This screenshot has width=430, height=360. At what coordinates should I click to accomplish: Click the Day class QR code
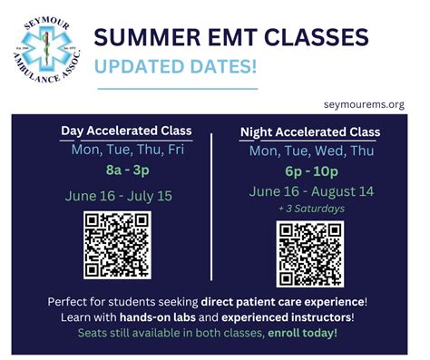117,244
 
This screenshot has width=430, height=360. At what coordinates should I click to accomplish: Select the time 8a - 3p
127,170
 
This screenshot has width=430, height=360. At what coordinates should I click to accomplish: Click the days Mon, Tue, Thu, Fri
127,150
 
